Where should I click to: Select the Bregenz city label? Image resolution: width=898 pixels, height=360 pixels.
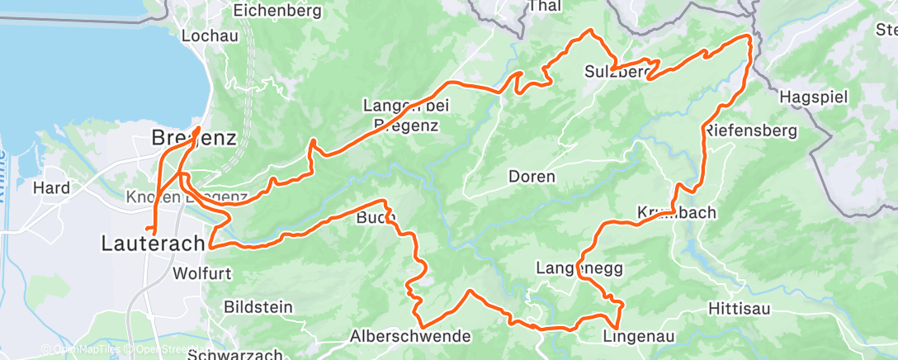click(195, 139)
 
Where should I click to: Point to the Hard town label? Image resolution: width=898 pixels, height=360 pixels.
click(50, 187)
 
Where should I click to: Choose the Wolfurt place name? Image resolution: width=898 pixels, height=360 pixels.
click(203, 272)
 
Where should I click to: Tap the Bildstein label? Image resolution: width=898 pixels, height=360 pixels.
click(258, 307)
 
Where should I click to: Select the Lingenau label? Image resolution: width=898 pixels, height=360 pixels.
click(634, 336)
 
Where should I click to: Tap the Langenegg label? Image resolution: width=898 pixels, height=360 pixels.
click(579, 268)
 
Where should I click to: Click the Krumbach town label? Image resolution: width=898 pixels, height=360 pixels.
click(676, 212)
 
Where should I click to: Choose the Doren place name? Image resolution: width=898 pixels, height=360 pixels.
click(532, 177)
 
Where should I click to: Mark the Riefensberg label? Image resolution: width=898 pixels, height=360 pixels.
click(750, 130)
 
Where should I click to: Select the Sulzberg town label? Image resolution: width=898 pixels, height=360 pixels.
click(618, 71)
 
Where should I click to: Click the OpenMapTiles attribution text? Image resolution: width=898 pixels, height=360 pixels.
click(83, 348)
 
